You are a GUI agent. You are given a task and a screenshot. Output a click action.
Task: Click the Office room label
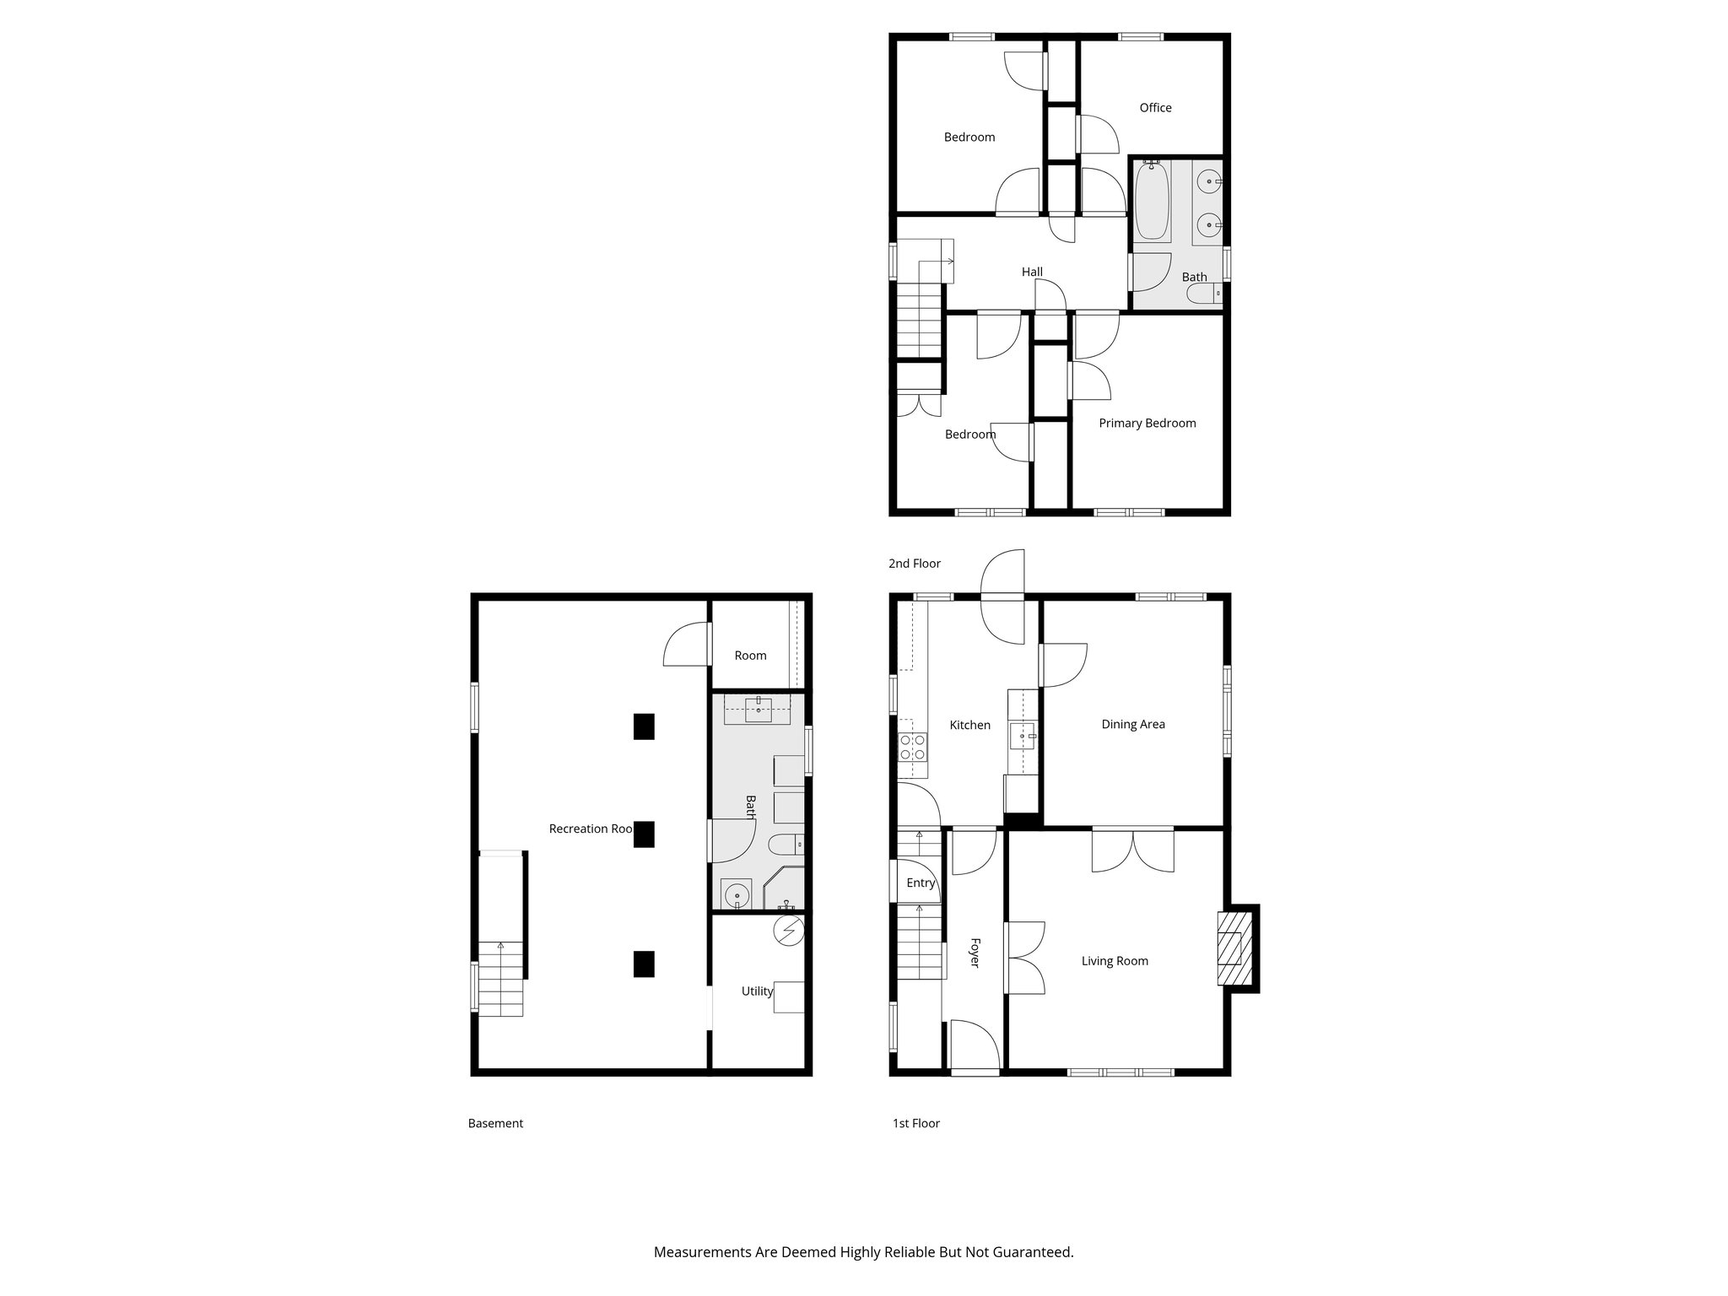(1155, 108)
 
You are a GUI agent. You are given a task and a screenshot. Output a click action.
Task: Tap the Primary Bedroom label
(1147, 424)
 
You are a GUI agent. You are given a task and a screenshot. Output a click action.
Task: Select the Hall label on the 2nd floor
(1032, 273)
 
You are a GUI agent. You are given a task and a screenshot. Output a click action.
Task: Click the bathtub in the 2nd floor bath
(1152, 202)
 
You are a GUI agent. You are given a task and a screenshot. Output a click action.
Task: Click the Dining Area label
(1132, 724)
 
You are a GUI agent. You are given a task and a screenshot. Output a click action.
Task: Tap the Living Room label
(1115, 961)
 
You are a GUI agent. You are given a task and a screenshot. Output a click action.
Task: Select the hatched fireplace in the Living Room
(1234, 948)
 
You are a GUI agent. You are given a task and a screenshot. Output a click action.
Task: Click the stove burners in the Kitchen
(912, 747)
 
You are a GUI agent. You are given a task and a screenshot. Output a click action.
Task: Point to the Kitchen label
(969, 725)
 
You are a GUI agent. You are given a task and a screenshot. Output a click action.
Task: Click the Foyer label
(974, 953)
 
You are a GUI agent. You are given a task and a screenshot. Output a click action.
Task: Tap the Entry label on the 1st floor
(921, 883)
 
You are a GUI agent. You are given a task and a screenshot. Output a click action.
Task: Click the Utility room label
(757, 991)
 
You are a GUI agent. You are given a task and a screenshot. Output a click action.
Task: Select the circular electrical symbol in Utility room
(789, 931)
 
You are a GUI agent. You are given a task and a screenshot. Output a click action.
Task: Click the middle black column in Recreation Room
(644, 834)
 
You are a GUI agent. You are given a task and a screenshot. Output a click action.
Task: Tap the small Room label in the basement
(750, 656)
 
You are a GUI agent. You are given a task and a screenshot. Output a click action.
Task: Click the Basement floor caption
(495, 1123)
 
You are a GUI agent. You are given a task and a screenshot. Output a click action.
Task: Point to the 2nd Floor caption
(914, 564)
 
